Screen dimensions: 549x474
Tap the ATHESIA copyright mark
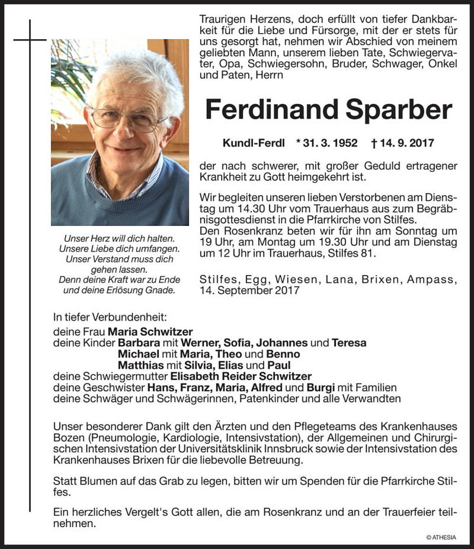pos(441,537)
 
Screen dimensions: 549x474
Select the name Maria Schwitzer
pos(150,332)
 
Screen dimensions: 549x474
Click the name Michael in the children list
pos(138,354)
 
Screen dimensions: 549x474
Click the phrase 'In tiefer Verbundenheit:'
pos(110,318)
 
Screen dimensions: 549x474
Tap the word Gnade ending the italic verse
pos(164,290)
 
